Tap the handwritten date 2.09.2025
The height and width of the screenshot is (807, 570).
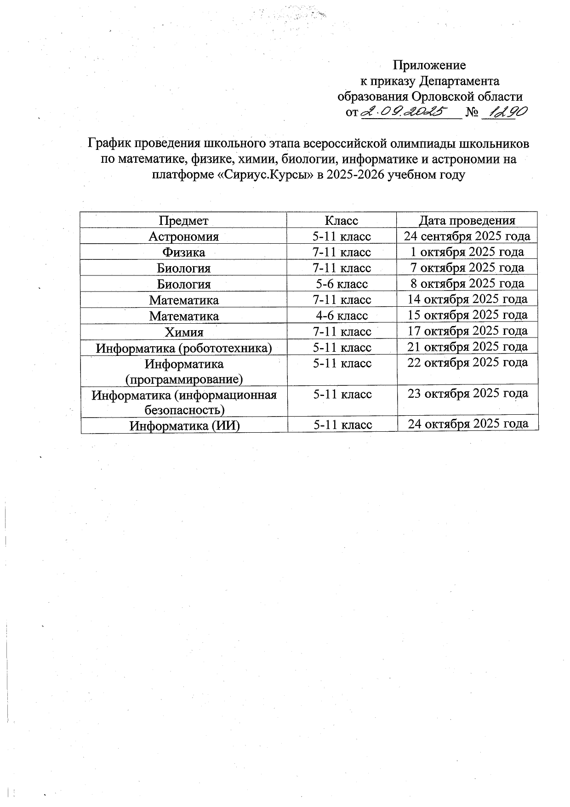click(405, 112)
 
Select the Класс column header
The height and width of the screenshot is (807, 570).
click(341, 221)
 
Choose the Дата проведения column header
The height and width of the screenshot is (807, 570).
click(467, 221)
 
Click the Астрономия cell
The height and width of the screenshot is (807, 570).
click(184, 236)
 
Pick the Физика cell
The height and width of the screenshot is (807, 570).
click(184, 252)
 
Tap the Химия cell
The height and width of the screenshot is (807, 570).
click(184, 332)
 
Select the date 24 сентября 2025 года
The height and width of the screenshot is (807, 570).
click(467, 236)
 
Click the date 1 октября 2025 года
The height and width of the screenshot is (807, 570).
click(467, 252)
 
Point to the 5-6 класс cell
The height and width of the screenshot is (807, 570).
click(341, 284)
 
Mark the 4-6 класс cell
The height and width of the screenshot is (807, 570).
click(341, 316)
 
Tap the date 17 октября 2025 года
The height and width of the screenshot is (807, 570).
click(467, 331)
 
